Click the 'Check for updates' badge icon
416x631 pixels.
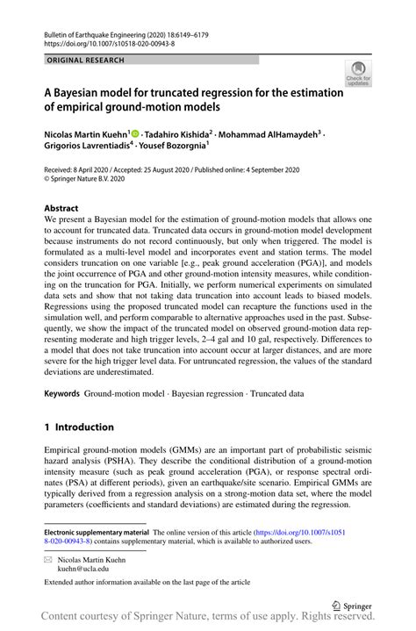point(359,74)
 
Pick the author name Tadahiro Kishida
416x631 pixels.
point(176,135)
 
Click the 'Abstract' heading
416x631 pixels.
point(61,209)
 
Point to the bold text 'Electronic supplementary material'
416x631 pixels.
point(97,533)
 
